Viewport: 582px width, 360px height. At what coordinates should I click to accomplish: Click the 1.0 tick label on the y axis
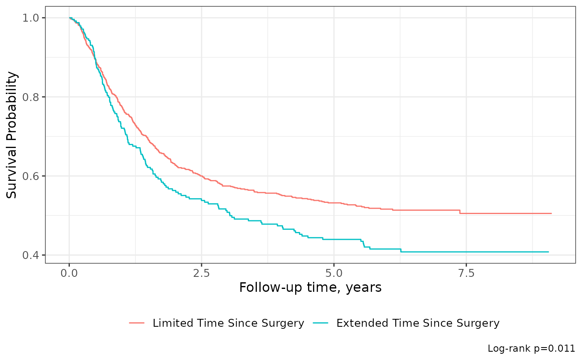coord(32,18)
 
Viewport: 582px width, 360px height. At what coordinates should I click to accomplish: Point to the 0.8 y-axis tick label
coord(32,97)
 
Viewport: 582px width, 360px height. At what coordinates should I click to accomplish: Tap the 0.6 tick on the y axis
coord(32,176)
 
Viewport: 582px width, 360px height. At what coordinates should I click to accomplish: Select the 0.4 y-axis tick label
coord(32,255)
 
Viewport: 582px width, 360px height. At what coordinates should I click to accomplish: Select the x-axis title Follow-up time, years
coord(310,287)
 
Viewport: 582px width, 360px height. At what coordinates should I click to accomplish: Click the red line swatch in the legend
coord(137,323)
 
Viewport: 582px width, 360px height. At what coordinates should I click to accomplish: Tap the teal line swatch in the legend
coord(321,323)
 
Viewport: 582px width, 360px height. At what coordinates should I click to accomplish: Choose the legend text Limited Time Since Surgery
coord(228,323)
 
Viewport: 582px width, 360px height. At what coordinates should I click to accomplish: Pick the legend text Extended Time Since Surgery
coord(418,323)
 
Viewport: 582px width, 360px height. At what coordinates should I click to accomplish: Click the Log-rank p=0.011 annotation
coord(531,348)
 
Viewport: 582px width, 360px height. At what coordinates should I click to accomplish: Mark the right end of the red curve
coord(551,213)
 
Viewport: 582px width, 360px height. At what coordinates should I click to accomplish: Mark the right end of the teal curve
coord(548,252)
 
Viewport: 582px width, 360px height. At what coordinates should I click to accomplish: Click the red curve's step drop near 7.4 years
coord(460,212)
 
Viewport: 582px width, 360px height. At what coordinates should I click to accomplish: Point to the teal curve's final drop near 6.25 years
coord(401,251)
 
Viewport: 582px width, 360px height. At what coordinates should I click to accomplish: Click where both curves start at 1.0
coord(69,18)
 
